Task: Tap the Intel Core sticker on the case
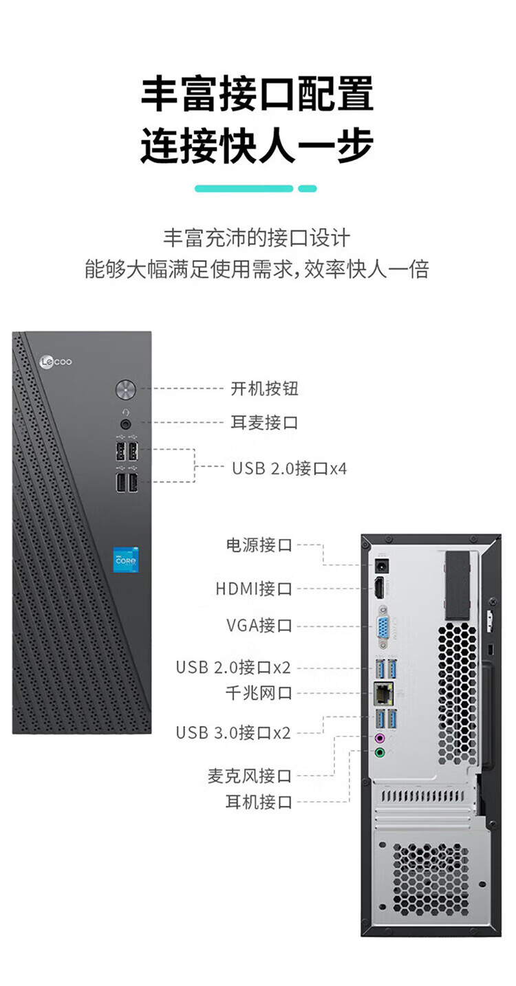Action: tap(125, 560)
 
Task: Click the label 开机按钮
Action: tap(264, 388)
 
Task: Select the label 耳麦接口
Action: tap(264, 422)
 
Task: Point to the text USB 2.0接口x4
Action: tap(289, 469)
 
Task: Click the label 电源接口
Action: tap(259, 545)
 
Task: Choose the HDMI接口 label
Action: tap(254, 589)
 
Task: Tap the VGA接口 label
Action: tap(259, 626)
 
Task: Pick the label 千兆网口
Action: tap(259, 693)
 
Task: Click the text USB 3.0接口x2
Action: tap(233, 732)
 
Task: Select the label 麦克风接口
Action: tap(250, 776)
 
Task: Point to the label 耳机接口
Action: tap(259, 802)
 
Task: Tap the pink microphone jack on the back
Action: tap(379, 738)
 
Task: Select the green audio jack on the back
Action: tap(379, 753)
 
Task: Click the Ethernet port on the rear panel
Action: tap(381, 693)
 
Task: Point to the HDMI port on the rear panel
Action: tap(379, 589)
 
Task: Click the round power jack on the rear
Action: tap(380, 567)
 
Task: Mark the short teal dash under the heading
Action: tap(308, 188)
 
